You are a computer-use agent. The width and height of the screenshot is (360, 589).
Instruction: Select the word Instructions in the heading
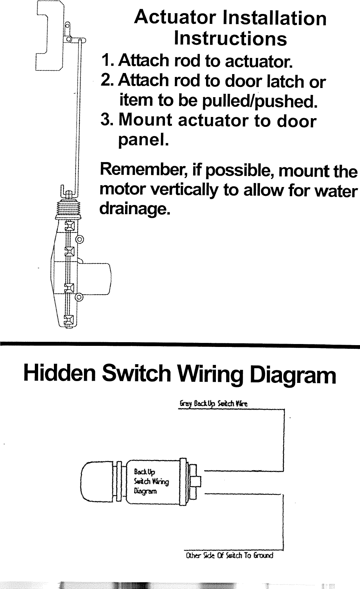(230, 38)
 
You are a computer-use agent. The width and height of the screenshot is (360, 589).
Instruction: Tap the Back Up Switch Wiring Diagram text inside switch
(151, 481)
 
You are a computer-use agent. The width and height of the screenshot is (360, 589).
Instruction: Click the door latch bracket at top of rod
(49, 37)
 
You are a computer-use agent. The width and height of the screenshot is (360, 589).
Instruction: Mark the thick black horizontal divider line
(180, 344)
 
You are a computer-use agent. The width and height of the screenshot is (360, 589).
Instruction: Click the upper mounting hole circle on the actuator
(80, 240)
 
